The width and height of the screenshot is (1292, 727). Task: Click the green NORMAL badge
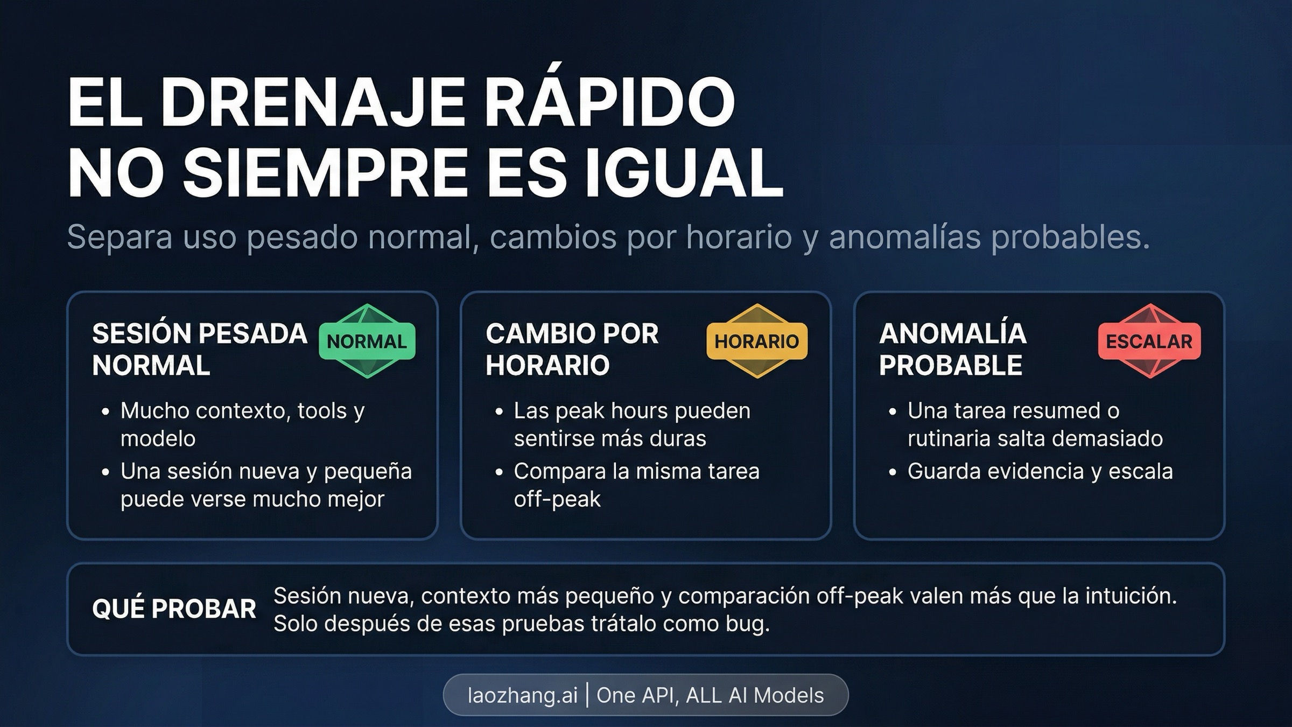coord(367,341)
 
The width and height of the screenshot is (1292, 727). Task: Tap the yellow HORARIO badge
coord(756,341)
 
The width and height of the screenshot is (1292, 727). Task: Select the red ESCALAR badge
coord(1149,341)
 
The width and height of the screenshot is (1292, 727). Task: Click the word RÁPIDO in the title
coord(609,102)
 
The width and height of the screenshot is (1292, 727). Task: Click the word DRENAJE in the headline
coord(312,102)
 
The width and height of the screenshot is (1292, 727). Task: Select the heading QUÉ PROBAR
coord(174,609)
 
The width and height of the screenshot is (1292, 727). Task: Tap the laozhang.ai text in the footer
coord(522,695)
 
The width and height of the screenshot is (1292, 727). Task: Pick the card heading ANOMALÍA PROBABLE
coord(952,349)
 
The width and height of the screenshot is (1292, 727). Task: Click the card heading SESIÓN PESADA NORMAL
coord(199,349)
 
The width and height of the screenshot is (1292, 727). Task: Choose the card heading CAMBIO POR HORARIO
coord(572,349)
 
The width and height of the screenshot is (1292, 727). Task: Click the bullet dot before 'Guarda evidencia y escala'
coord(893,472)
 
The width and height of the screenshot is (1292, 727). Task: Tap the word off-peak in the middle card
coord(557,499)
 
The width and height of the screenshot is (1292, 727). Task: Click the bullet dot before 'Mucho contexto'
coord(106,412)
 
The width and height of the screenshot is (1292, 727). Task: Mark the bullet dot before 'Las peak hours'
coord(499,412)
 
